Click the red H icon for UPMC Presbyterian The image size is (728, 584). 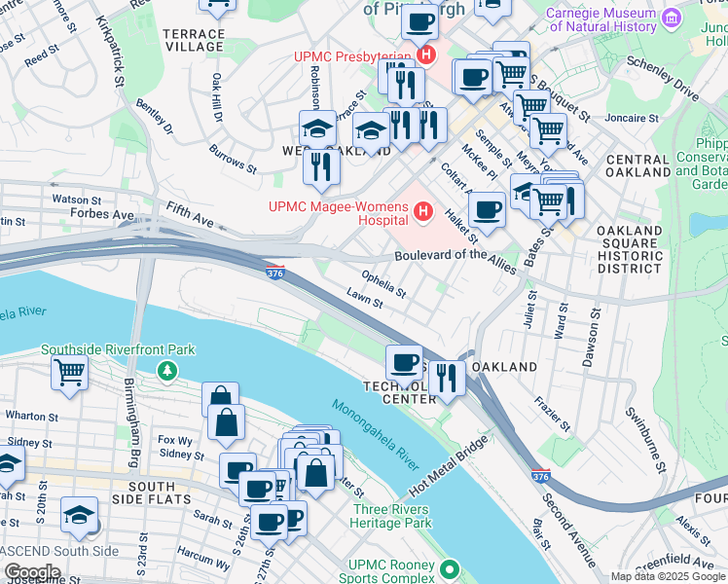tap(424, 55)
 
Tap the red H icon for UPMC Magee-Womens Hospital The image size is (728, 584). tap(422, 210)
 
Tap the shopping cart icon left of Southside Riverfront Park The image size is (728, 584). tap(70, 371)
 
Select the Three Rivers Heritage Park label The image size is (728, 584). tap(392, 516)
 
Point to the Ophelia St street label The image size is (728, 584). tap(383, 282)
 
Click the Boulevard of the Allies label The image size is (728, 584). tap(455, 256)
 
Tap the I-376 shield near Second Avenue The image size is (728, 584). tap(541, 476)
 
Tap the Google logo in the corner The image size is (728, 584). tap(32, 571)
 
